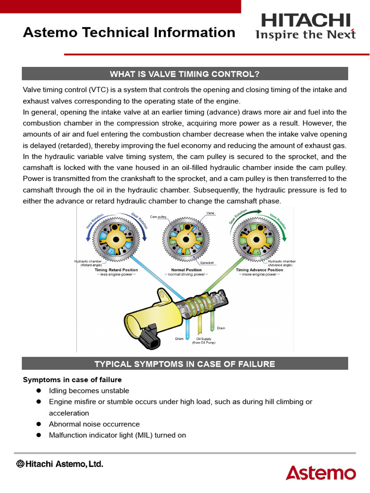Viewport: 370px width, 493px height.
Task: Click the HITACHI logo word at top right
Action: pos(305,21)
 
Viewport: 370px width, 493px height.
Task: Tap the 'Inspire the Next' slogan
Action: pos(305,35)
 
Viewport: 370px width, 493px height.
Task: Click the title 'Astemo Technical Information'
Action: pos(129,33)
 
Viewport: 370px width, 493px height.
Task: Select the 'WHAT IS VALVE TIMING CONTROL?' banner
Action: pos(185,74)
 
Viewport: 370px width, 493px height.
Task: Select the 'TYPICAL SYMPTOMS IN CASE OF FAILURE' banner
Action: pos(185,364)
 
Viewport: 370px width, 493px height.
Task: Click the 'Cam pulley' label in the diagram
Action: pos(158,217)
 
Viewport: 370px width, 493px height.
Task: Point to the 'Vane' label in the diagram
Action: pos(210,212)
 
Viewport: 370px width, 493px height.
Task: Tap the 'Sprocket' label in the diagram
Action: pos(207,263)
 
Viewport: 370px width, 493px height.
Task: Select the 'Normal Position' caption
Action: pos(186,270)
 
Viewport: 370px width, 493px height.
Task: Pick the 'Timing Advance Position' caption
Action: pos(259,270)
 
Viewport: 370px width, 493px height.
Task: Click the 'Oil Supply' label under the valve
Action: pos(204,339)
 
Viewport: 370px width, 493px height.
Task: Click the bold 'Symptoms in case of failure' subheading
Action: pos(72,380)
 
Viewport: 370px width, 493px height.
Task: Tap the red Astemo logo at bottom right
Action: pos(320,472)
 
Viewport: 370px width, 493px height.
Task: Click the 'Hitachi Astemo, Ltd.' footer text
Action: pos(60,464)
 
